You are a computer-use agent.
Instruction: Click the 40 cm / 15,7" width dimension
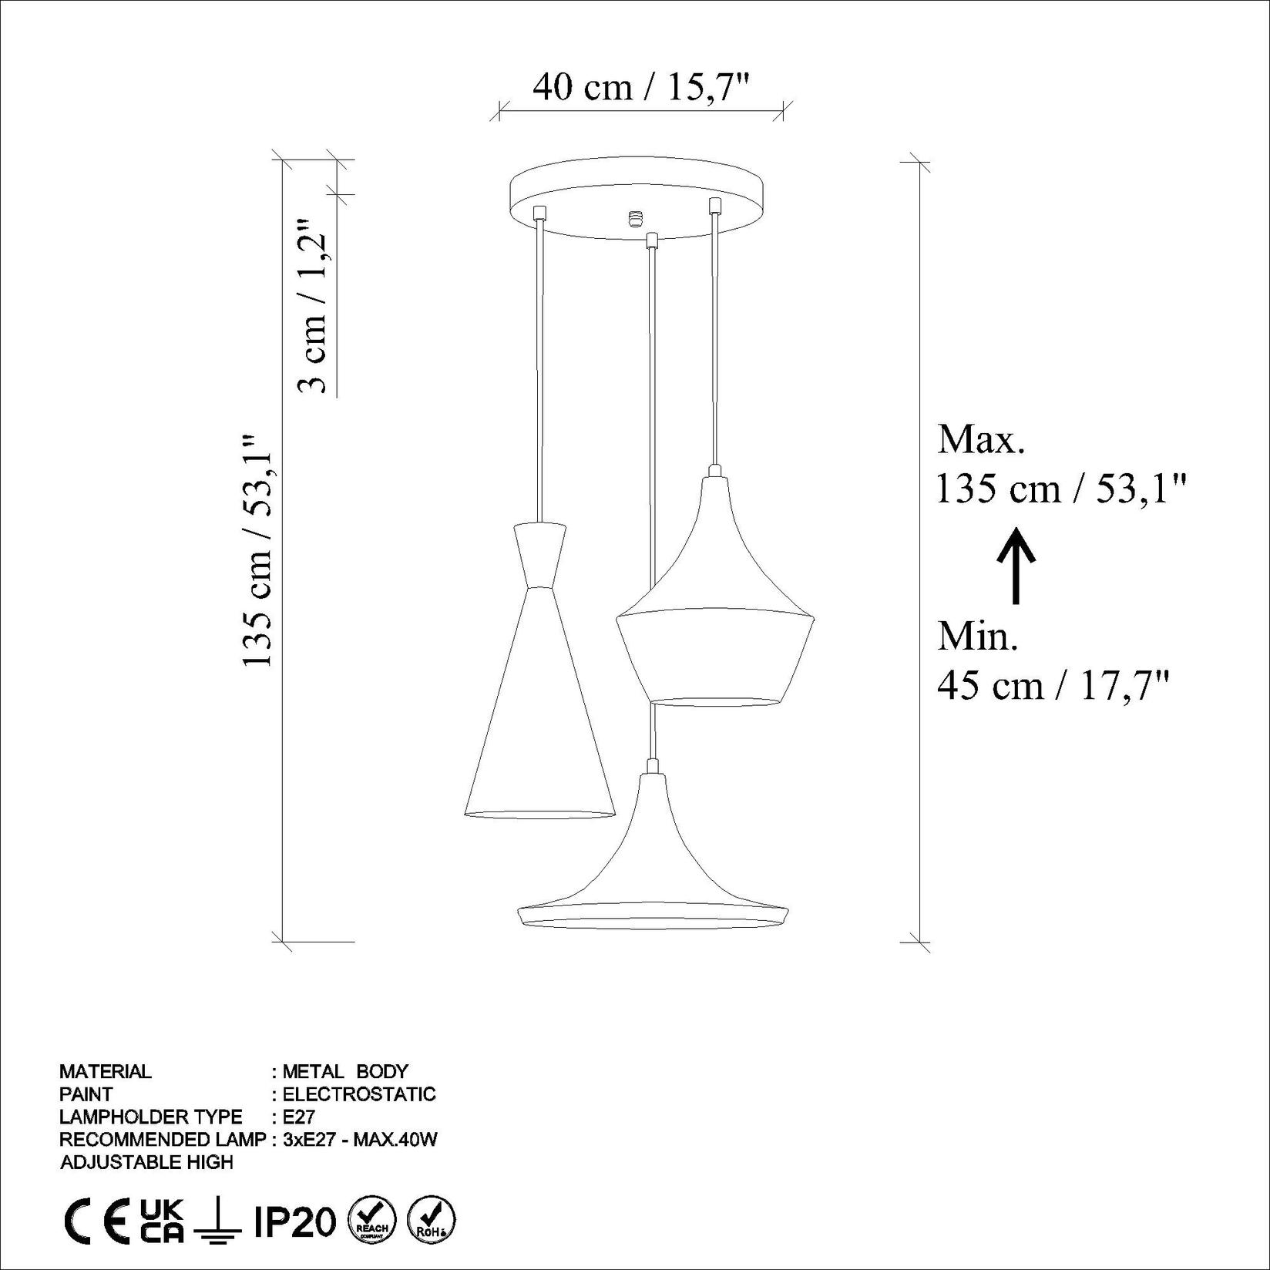coord(641,87)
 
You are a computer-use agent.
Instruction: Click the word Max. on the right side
coord(981,440)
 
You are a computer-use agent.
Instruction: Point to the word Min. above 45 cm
coord(978,637)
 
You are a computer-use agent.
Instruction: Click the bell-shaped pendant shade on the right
coord(715,609)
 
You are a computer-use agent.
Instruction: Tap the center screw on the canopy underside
coord(635,219)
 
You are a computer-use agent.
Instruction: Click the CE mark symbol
coord(96,1221)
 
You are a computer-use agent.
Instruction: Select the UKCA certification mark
coord(163,1221)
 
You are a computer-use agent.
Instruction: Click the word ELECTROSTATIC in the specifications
coord(359,1094)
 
